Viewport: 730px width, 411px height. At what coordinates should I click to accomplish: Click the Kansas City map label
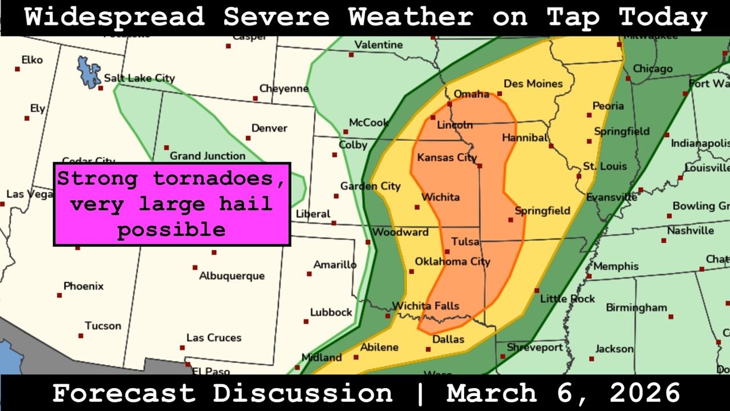pos(447,158)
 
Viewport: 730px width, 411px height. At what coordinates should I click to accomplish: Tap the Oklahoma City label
pos(452,261)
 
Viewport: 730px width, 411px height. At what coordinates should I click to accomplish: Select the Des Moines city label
pos(533,84)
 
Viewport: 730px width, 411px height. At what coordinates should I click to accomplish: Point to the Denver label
pos(269,128)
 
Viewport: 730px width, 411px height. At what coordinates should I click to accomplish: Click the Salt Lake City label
pos(139,78)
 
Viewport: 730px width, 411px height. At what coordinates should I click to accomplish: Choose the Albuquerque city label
pos(232,276)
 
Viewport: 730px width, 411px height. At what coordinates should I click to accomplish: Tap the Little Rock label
pos(567,299)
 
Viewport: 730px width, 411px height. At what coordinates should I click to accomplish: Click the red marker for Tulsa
pos(447,252)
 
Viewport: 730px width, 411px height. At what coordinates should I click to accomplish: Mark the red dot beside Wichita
pos(417,207)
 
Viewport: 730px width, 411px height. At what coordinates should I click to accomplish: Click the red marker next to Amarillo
pos(309,275)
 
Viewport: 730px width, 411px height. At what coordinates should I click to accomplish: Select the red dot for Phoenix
pos(59,296)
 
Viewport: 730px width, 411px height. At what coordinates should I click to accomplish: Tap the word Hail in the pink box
pos(251,204)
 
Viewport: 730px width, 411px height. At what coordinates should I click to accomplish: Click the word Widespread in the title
pos(114,18)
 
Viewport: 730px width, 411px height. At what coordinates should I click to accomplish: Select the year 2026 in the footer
pos(645,393)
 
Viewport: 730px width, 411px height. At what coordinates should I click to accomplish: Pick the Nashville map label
pos(690,231)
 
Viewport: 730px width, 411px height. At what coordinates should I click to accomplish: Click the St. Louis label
pos(605,167)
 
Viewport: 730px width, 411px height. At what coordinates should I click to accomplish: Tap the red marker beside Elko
pos(18,69)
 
